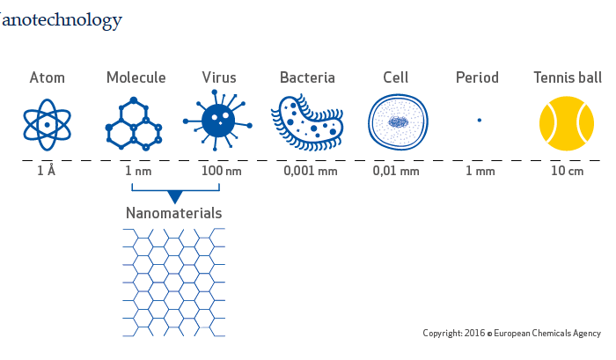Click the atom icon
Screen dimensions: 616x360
48,125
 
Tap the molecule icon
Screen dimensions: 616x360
134,124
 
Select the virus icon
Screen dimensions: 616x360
218,121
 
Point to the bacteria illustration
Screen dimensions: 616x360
307,122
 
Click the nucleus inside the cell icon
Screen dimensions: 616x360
398,122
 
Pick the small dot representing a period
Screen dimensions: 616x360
480,121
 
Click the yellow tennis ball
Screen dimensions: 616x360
567,123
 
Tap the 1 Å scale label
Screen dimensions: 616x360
47,171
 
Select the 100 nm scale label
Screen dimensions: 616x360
222,171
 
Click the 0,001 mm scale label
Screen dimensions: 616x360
311,172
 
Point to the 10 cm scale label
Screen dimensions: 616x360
568,171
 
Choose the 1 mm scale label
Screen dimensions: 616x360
480,171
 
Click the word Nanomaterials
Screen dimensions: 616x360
174,213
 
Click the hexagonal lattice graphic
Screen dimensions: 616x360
174,283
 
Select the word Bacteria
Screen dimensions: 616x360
307,77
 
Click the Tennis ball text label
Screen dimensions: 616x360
568,77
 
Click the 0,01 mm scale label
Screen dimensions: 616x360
396,172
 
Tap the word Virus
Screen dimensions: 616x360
219,77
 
